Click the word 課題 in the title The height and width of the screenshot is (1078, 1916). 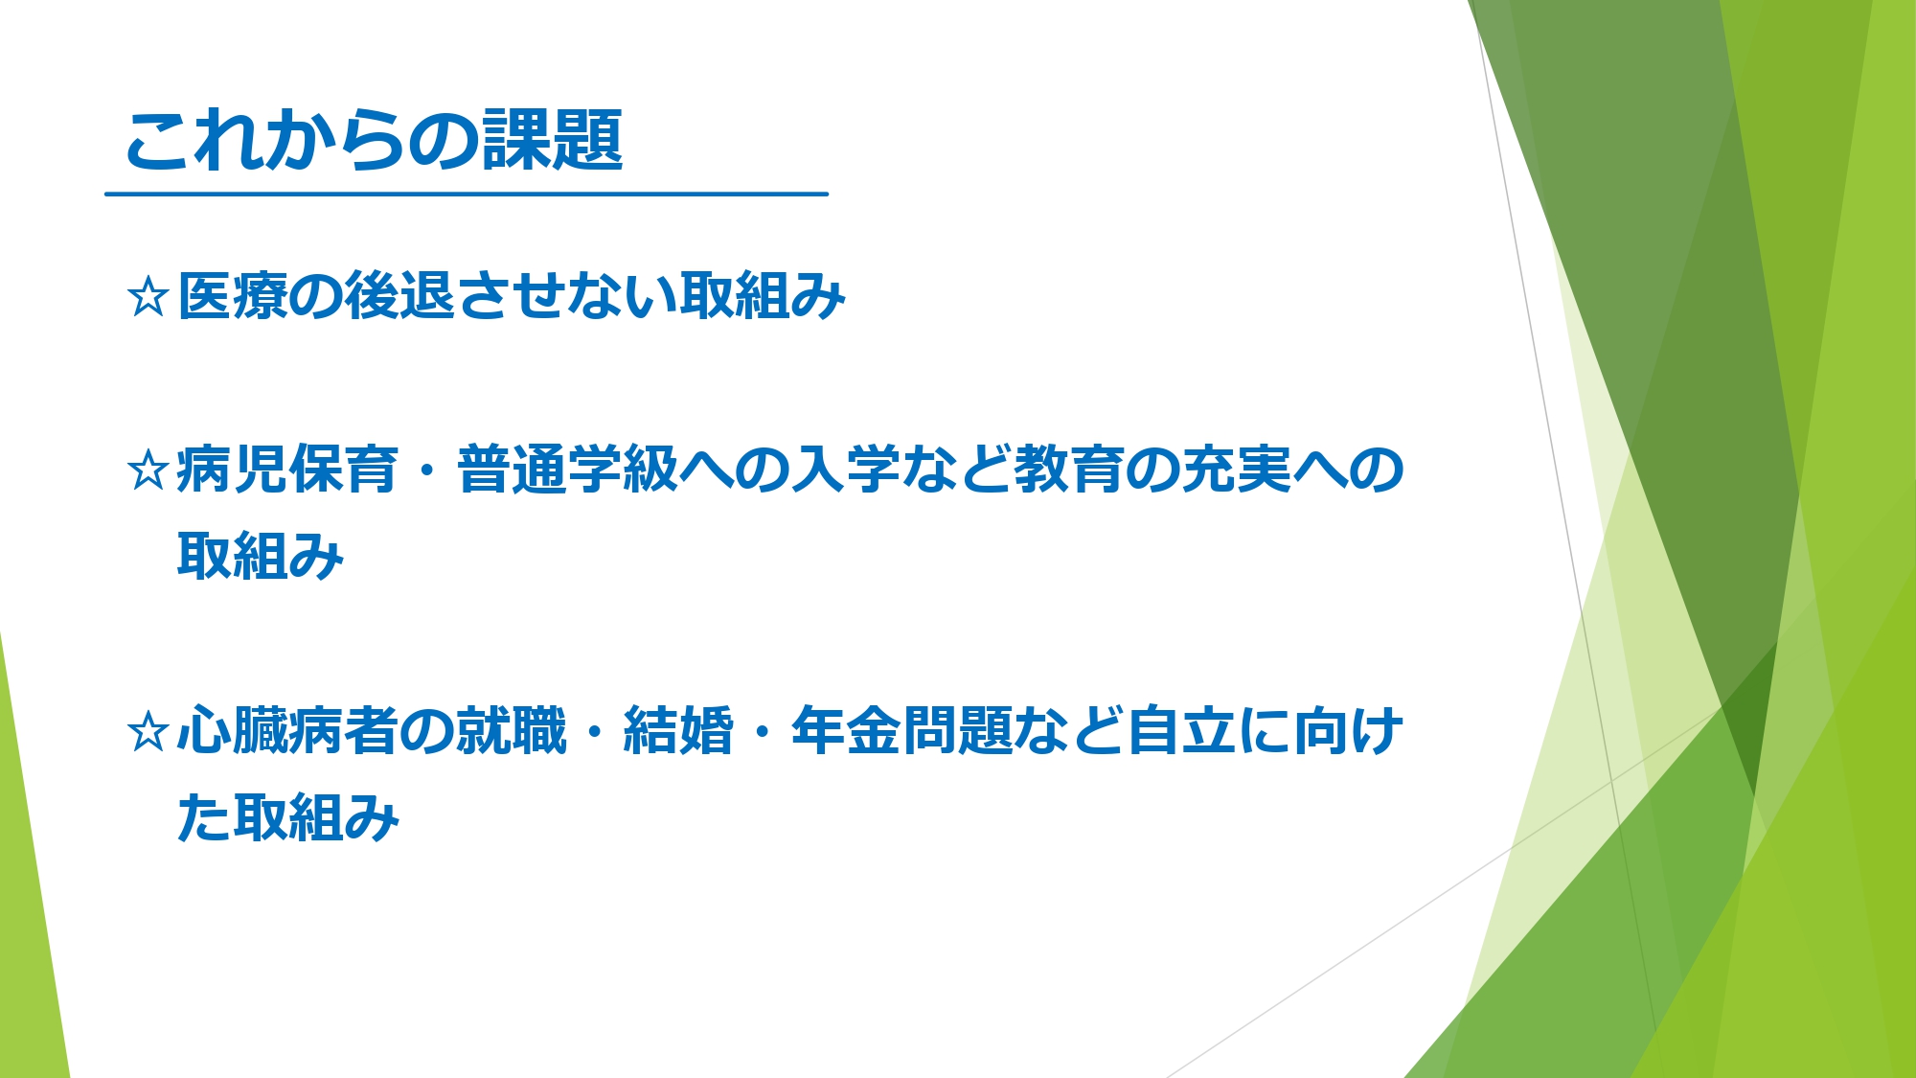[x=553, y=140]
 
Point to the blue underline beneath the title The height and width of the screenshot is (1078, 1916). [x=467, y=194]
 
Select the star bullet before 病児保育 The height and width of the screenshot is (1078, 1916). [x=148, y=470]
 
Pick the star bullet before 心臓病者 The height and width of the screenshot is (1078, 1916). [x=148, y=732]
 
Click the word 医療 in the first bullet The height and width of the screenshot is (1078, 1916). [x=233, y=295]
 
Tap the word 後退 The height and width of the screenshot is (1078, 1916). [x=399, y=295]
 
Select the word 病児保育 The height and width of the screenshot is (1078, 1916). [x=287, y=469]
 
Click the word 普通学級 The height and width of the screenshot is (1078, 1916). [x=568, y=469]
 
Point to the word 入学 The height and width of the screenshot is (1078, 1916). [x=846, y=469]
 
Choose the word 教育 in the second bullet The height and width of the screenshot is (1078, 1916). [x=1068, y=469]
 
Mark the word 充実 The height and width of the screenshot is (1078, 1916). [x=1236, y=469]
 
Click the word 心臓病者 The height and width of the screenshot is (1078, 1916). [x=287, y=731]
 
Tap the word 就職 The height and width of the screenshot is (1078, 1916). [x=512, y=731]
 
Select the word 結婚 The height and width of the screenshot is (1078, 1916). [x=678, y=731]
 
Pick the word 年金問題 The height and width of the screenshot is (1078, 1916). [x=901, y=731]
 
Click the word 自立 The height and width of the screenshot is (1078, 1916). [x=1180, y=731]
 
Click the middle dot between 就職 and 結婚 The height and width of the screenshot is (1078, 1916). [x=595, y=733]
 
